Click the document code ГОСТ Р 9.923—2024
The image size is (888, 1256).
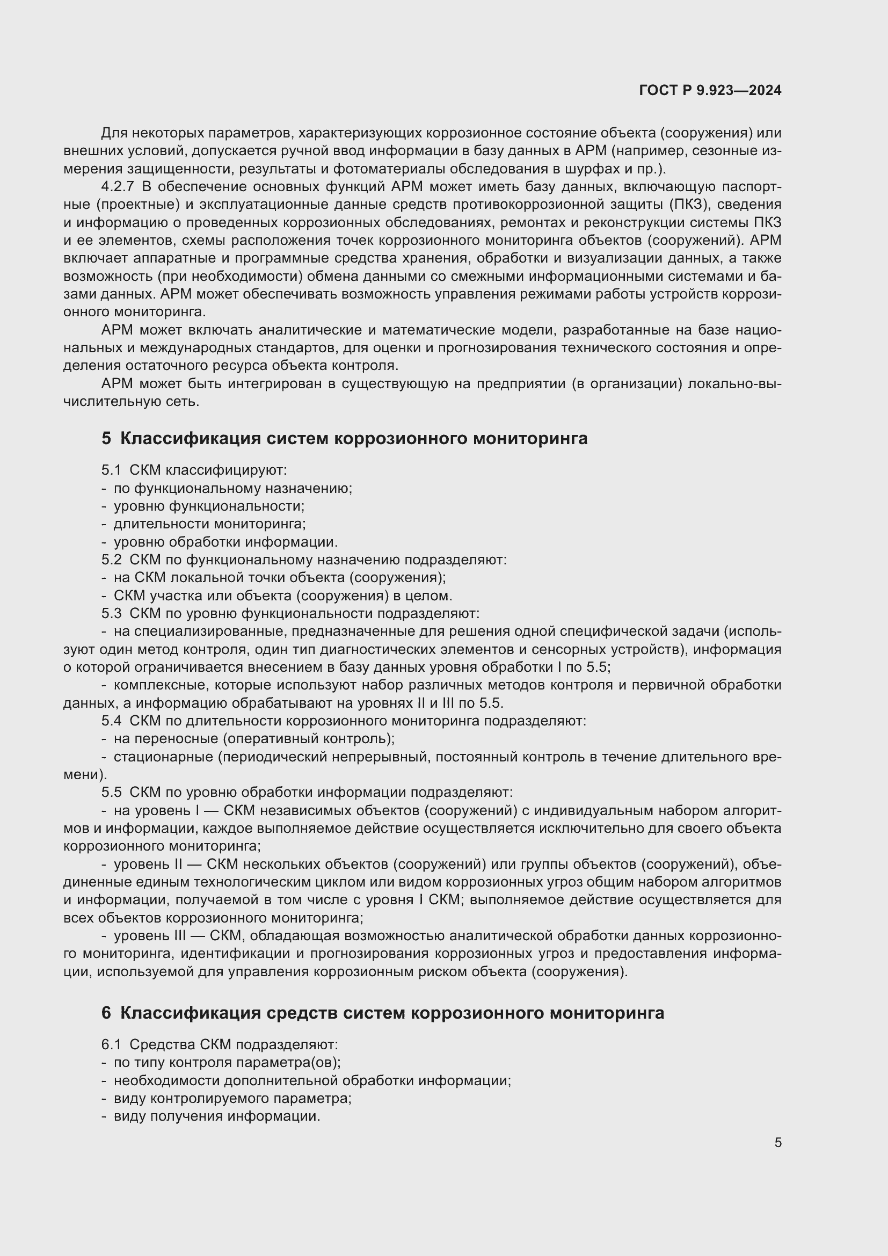[x=710, y=91]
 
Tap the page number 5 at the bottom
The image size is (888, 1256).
[x=777, y=1142]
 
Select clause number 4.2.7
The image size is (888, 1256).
[x=117, y=187]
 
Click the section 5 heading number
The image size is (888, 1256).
[x=106, y=438]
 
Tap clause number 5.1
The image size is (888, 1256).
[x=111, y=470]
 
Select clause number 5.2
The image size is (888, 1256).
[x=111, y=560]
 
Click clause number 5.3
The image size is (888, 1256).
[x=111, y=614]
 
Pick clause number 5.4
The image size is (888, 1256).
[x=111, y=721]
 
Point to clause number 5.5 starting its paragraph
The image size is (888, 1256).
[x=111, y=793]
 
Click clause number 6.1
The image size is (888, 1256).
[x=111, y=1044]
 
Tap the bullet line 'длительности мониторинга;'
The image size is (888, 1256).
[x=209, y=524]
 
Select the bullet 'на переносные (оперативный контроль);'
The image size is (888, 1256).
[x=254, y=739]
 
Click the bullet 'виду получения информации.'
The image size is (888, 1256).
[x=216, y=1116]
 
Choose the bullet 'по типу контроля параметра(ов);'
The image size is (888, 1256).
[x=227, y=1062]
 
